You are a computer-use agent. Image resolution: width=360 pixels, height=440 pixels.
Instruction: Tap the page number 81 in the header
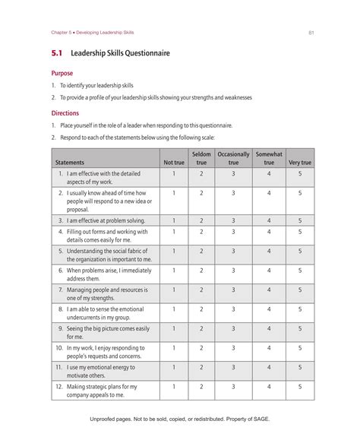[311, 33]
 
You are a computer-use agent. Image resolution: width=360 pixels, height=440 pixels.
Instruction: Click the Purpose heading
[63, 74]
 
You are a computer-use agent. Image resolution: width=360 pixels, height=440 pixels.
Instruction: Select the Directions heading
[65, 112]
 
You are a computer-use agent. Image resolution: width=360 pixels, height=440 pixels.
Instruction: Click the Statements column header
[69, 163]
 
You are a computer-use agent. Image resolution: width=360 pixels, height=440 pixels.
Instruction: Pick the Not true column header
[173, 163]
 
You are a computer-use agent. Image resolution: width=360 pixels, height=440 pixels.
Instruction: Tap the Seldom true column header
[201, 158]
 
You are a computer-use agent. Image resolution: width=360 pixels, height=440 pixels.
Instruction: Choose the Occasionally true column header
[233, 158]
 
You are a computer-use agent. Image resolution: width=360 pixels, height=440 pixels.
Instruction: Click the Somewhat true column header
[269, 158]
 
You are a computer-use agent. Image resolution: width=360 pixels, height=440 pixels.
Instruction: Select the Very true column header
[300, 163]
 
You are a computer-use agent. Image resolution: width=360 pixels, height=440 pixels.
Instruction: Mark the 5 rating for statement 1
[300, 174]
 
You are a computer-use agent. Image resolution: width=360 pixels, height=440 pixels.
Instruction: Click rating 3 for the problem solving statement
[233, 220]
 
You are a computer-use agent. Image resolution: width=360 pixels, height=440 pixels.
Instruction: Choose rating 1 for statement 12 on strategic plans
[173, 387]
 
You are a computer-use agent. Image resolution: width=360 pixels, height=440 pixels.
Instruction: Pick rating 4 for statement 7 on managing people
[269, 290]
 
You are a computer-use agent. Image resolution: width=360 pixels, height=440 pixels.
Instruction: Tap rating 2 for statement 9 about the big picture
[201, 328]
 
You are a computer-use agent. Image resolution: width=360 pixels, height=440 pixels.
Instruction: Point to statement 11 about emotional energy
[99, 372]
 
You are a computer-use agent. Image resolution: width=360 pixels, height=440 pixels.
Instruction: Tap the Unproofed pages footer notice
[179, 419]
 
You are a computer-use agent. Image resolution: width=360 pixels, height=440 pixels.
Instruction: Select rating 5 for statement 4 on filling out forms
[300, 232]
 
